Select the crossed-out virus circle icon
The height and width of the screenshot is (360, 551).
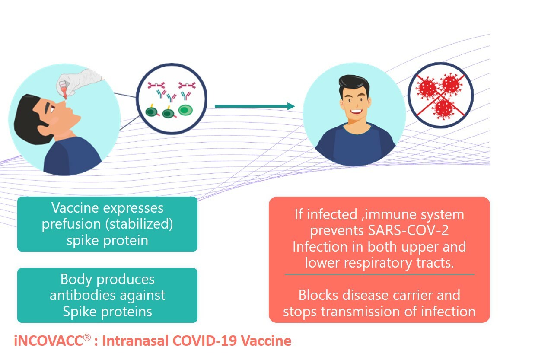click(x=440, y=96)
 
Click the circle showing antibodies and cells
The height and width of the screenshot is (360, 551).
click(x=172, y=99)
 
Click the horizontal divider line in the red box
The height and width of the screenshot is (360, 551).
click(x=379, y=274)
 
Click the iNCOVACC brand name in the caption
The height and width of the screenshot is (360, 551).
click(x=48, y=341)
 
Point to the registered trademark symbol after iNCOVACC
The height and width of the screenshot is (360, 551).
click(x=87, y=338)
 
